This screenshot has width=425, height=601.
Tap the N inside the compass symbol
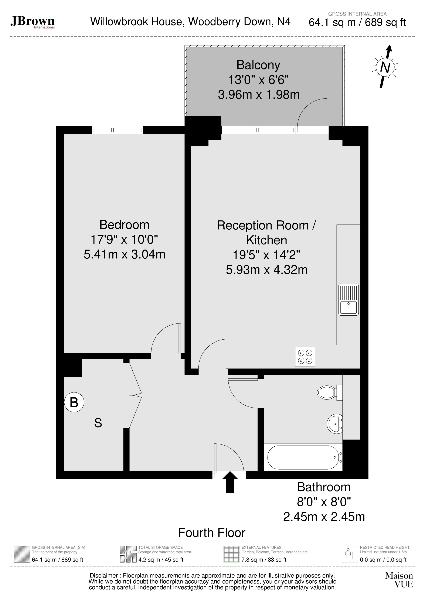click(385, 68)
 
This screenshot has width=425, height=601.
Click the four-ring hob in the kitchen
click(305, 357)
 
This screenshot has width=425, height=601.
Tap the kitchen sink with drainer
click(348, 299)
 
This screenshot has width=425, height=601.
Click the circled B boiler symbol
click(74, 402)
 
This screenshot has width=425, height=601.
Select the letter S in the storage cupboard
click(98, 423)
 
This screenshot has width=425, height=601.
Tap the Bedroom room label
click(124, 225)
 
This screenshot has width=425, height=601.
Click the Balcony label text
click(258, 65)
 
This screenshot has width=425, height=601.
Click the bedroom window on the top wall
click(118, 130)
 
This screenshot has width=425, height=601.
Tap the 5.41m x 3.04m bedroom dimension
click(124, 254)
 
